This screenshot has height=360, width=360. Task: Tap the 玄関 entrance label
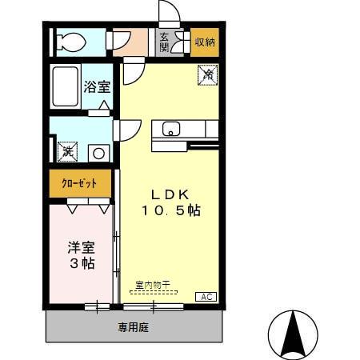pyautogui.click(x=164, y=42)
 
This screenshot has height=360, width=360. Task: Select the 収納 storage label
pyautogui.click(x=205, y=42)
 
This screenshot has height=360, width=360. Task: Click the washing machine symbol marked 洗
pyautogui.click(x=67, y=150)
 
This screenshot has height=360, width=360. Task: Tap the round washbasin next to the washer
pyautogui.click(x=98, y=152)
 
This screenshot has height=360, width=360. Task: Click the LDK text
pyautogui.click(x=169, y=194)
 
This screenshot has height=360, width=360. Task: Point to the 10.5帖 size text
pyautogui.click(x=170, y=211)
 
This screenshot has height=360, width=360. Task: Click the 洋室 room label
pyautogui.click(x=81, y=247)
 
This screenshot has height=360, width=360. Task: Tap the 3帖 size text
pyautogui.click(x=81, y=263)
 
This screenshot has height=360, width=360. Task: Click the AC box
pyautogui.click(x=206, y=296)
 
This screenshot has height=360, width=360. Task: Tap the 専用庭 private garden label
pyautogui.click(x=134, y=326)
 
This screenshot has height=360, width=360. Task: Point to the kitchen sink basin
pyautogui.click(x=172, y=128)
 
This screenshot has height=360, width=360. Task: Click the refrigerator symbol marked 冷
pyautogui.click(x=207, y=74)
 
